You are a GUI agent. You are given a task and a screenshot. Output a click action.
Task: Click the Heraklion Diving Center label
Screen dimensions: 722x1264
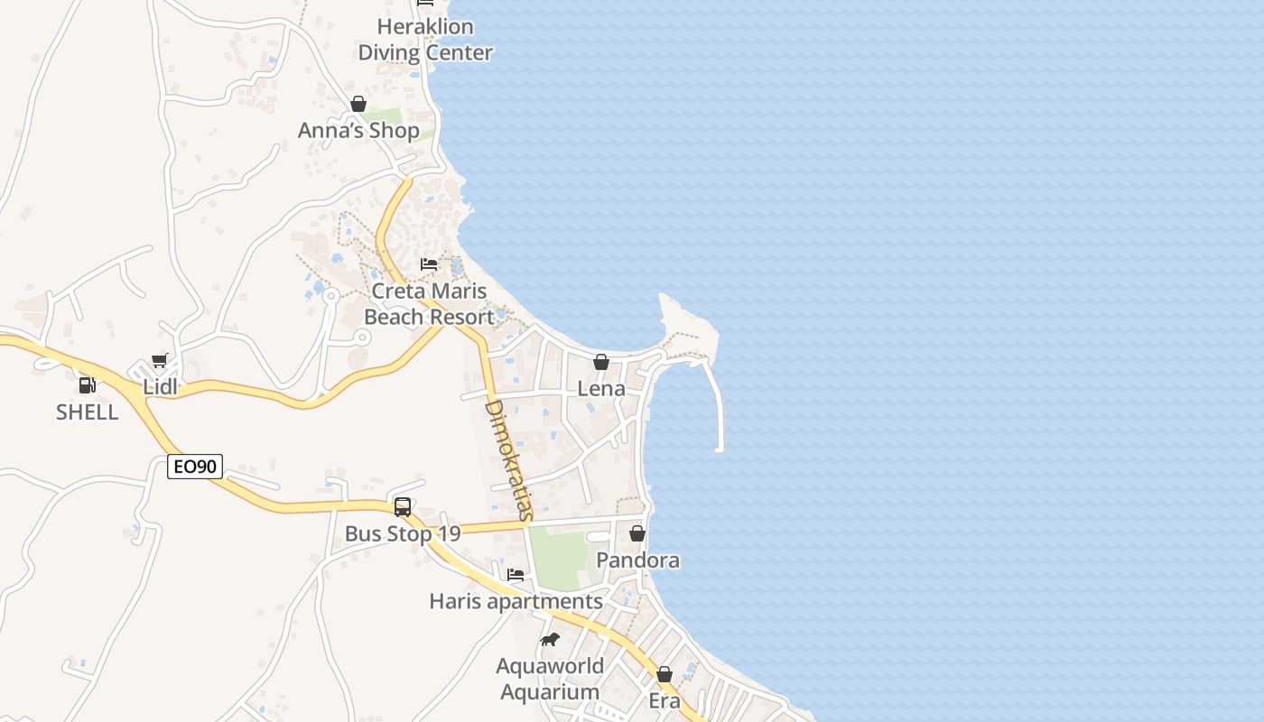tap(425, 40)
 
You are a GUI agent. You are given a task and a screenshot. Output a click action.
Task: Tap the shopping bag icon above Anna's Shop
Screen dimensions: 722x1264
tap(358, 104)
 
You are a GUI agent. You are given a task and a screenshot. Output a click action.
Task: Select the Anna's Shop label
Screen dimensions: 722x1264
tap(358, 131)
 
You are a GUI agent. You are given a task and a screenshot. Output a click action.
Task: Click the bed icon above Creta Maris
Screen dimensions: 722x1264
tap(429, 264)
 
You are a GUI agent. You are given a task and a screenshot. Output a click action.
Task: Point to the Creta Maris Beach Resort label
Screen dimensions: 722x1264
tap(429, 304)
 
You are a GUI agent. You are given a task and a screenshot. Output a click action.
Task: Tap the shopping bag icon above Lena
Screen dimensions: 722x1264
tap(601, 362)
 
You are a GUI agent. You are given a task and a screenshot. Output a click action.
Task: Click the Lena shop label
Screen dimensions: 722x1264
tap(601, 389)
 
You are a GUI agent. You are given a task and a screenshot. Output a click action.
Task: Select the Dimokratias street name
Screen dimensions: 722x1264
tap(507, 460)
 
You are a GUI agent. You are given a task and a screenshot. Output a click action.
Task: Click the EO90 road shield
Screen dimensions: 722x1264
tap(195, 467)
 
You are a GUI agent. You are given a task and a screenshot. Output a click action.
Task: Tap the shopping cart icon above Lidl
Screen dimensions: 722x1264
tap(160, 361)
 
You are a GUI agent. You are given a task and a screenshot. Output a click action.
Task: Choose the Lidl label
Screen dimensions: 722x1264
tap(160, 388)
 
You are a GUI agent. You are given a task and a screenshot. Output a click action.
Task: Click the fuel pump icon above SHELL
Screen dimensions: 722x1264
tap(87, 385)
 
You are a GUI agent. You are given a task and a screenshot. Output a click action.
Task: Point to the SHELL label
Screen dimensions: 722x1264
tap(87, 412)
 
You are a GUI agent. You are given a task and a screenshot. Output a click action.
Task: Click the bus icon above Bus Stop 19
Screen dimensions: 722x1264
tap(403, 506)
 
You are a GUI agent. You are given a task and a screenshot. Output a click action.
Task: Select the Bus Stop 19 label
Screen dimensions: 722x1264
tap(403, 533)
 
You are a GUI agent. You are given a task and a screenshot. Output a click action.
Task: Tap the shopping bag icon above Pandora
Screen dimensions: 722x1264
tap(637, 533)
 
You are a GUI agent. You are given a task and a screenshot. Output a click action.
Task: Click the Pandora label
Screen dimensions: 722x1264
tap(637, 560)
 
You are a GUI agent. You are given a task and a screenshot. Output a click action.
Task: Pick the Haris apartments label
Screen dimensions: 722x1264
tap(516, 601)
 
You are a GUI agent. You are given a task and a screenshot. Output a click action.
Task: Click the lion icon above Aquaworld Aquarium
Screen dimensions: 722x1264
tap(549, 640)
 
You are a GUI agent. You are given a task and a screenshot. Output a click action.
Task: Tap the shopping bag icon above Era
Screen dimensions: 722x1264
tap(665, 674)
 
